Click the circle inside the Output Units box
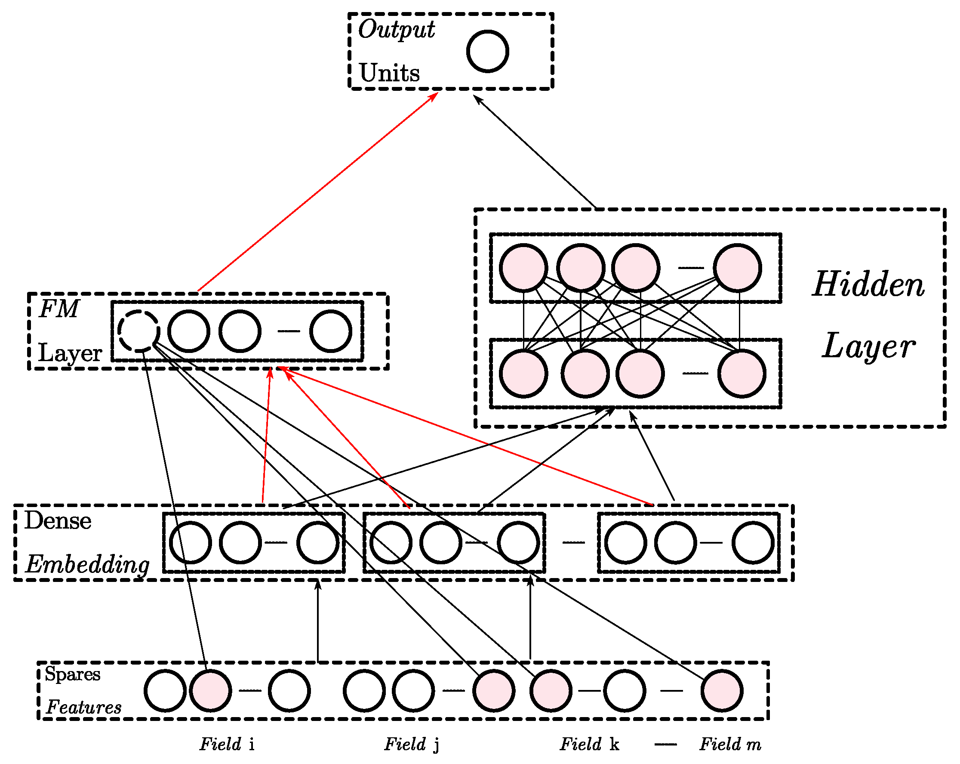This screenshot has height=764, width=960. point(488,51)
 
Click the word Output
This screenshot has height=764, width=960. point(396,30)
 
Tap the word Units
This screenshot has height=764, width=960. point(389,73)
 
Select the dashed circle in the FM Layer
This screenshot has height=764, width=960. point(139,331)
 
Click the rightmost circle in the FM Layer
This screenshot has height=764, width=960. point(331,331)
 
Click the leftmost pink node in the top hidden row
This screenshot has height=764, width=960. point(523,268)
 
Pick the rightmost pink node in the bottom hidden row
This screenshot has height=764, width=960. point(742,373)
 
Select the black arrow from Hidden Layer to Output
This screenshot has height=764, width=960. point(534,152)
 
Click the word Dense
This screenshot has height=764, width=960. point(58,520)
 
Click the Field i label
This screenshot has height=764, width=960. point(227,744)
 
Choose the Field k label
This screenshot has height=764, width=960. point(589,744)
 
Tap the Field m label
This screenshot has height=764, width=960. point(730,744)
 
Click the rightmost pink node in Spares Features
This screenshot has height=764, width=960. point(722,690)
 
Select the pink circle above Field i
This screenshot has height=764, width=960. point(211,690)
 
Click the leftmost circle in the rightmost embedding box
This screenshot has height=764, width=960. point(626,543)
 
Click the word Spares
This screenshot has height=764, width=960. point(73,674)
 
